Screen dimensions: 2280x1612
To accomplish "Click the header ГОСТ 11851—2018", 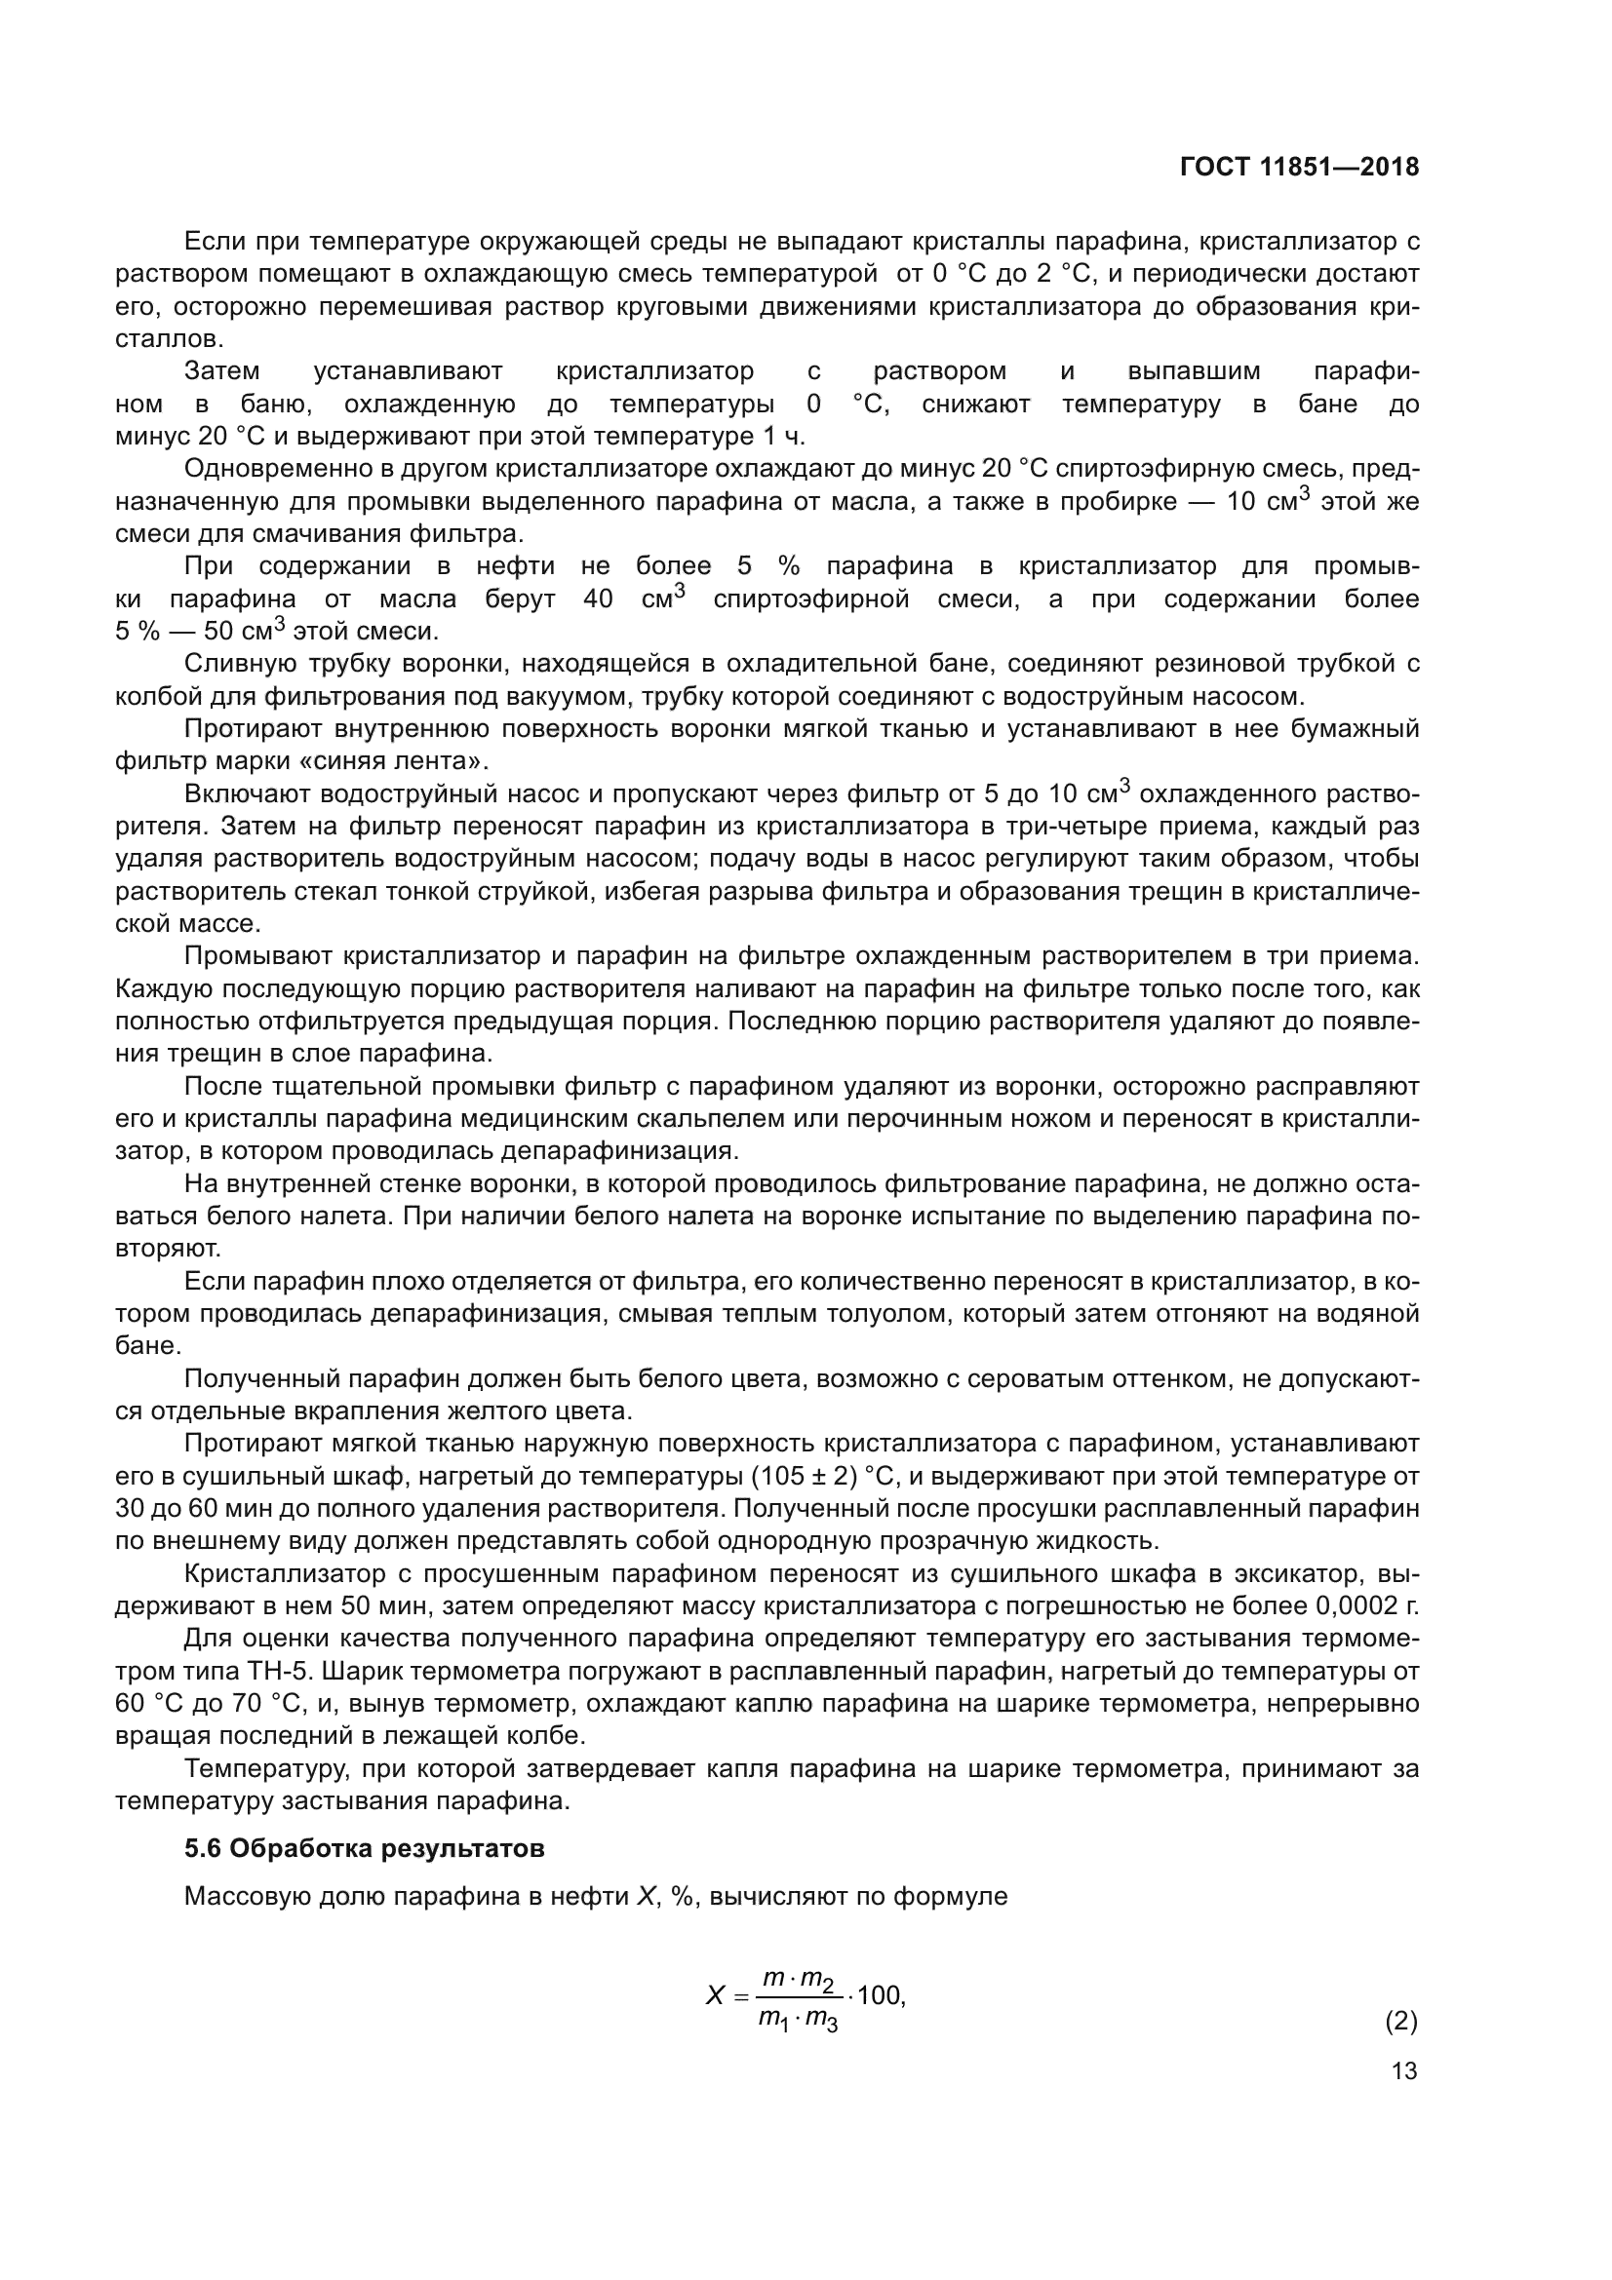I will [1298, 167].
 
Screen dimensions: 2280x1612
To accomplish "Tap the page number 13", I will [1404, 2070].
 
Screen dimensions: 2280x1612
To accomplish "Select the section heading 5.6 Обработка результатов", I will [365, 1848].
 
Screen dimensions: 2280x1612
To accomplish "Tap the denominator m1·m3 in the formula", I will [799, 2019].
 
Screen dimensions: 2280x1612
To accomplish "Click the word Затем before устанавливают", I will [221, 371].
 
